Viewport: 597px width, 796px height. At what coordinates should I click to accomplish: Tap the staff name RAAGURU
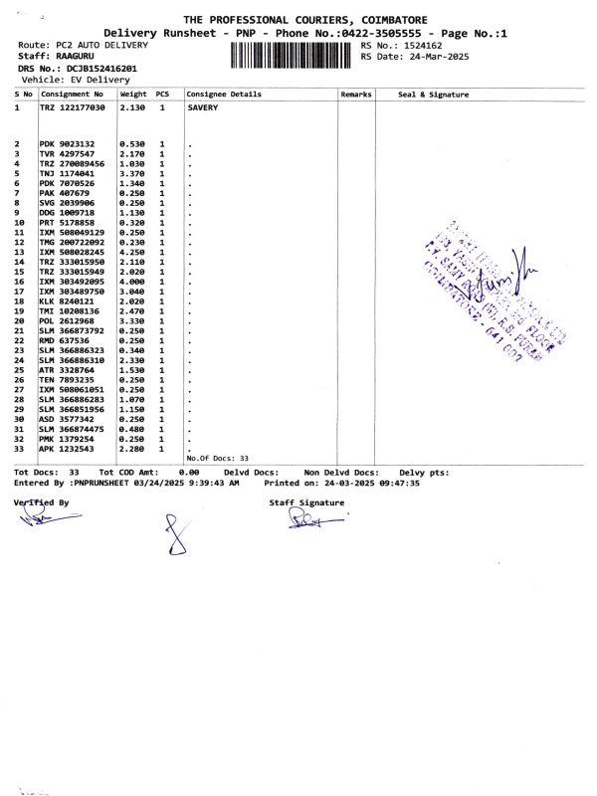(x=76, y=57)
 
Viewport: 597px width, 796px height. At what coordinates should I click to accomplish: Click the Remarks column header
(x=355, y=94)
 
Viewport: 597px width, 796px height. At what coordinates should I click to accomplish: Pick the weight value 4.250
(x=132, y=252)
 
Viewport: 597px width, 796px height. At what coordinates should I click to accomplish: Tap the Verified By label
(x=42, y=503)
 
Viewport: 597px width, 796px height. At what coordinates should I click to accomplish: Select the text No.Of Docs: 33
(x=218, y=458)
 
